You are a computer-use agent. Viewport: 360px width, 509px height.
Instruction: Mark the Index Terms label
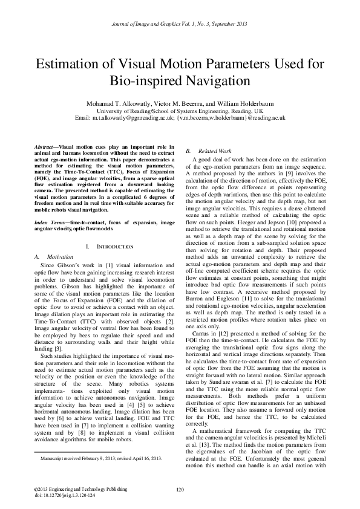pyautogui.click(x=50, y=206)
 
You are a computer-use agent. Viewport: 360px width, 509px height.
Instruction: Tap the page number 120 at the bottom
pyautogui.click(x=180, y=489)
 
